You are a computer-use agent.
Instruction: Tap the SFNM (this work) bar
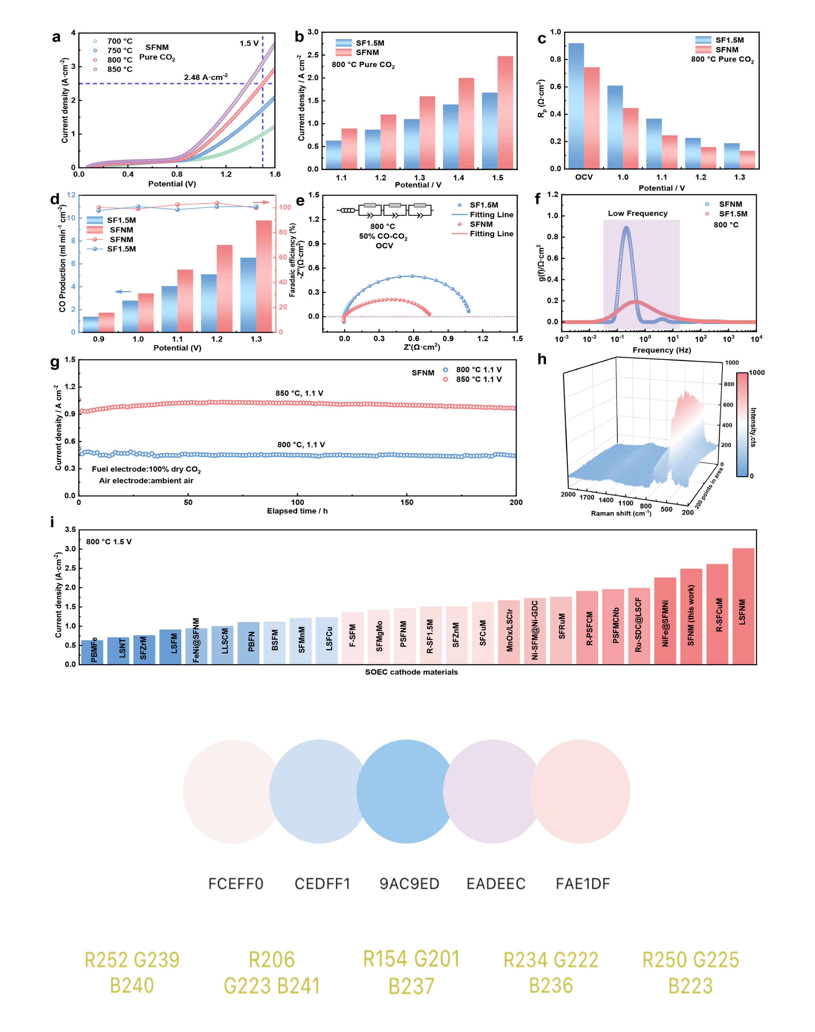(691, 616)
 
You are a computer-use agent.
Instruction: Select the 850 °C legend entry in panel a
(114, 69)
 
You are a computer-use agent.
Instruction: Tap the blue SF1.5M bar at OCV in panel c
(576, 106)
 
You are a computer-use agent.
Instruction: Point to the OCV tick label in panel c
(584, 177)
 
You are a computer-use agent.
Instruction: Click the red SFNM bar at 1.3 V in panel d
(264, 276)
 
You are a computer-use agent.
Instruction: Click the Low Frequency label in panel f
(638, 213)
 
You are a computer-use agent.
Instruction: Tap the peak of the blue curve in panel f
(626, 228)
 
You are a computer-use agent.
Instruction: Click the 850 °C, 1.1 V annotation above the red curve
(299, 393)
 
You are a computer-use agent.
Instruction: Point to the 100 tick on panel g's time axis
(297, 502)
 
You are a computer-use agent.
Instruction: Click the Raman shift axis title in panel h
(621, 513)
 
